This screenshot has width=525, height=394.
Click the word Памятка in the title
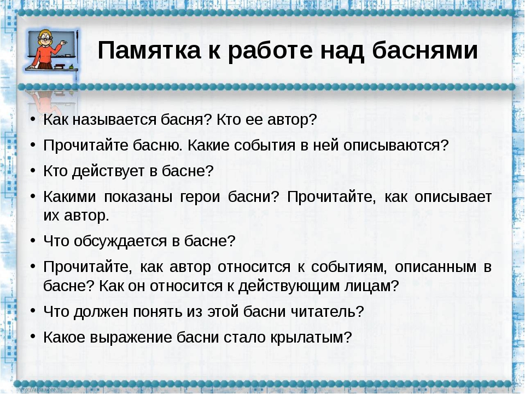tap(149, 50)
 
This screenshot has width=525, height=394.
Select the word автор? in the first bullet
tap(291, 120)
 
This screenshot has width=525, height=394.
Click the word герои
tap(200, 196)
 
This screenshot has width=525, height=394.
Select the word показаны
tap(138, 196)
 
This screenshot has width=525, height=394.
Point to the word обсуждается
tap(120, 241)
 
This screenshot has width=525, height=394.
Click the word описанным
tap(435, 267)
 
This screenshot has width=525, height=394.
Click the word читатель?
tap(327, 311)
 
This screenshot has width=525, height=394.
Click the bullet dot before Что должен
tap(32, 311)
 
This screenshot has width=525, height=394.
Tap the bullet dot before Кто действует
tap(32, 170)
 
